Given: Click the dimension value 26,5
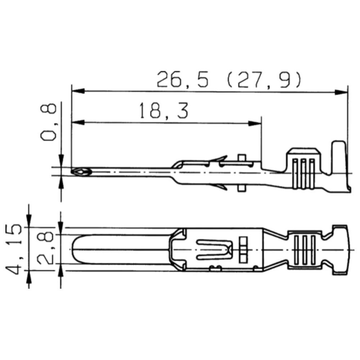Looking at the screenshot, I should [183, 80].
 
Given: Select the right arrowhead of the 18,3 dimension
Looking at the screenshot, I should [255, 123].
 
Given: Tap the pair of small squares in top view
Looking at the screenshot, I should [243, 249].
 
